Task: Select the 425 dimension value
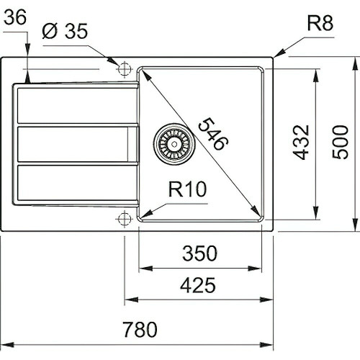[x=197, y=286]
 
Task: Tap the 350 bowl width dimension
[x=198, y=253]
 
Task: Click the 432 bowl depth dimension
[x=302, y=142]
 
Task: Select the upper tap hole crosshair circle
[x=124, y=69]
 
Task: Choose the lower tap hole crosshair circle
[x=124, y=217]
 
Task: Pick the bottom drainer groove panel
[x=76, y=183]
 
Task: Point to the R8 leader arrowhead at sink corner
[x=276, y=55]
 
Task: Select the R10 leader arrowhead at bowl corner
[x=144, y=214]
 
